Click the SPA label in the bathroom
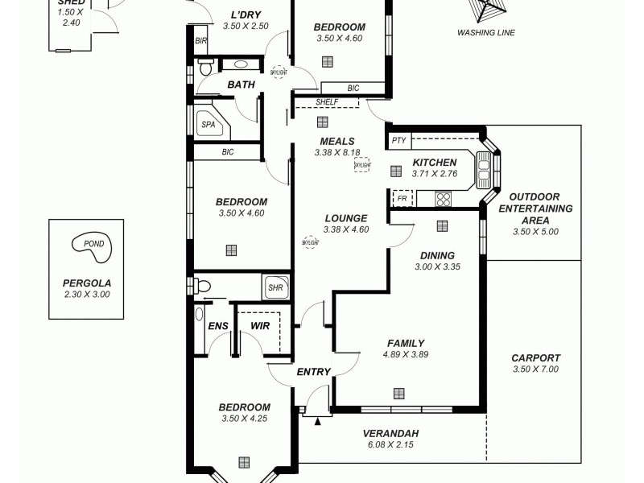click(208, 125)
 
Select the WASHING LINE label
click(485, 33)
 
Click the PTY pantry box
click(398, 141)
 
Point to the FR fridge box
click(402, 198)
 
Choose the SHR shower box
click(275, 287)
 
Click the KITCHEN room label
click(435, 162)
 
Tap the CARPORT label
click(535, 358)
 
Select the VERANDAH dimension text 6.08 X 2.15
click(390, 444)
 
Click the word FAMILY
click(405, 343)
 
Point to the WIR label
click(259, 325)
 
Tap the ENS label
click(218, 325)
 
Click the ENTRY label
click(313, 372)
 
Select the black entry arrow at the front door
click(317, 419)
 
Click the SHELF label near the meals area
click(326, 102)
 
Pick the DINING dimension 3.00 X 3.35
click(436, 267)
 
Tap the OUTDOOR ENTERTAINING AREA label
click(535, 208)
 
